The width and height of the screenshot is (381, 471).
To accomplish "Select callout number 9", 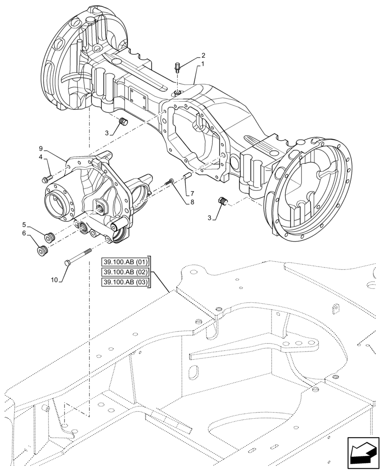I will click(x=41, y=148).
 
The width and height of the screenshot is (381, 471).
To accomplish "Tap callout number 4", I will click(x=41, y=157).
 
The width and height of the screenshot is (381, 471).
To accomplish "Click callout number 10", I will click(x=54, y=280).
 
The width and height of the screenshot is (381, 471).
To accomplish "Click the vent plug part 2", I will click(x=178, y=67).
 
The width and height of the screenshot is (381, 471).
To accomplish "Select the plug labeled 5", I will click(x=50, y=236).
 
